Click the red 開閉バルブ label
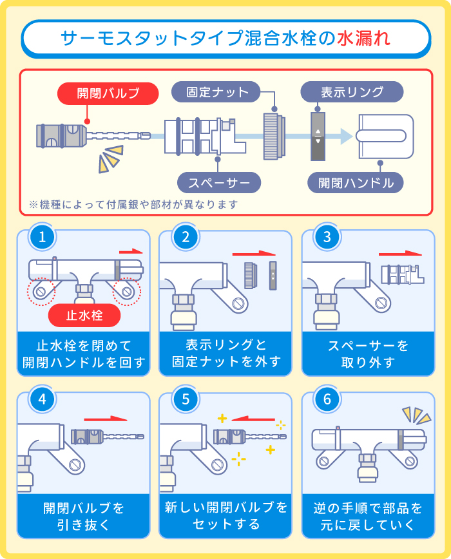click(108, 93)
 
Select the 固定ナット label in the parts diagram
click(216, 92)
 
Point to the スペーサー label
click(219, 183)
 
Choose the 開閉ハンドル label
click(356, 183)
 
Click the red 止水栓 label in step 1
click(85, 316)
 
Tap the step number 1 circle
click(43, 236)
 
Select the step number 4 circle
click(43, 399)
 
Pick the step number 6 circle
click(327, 399)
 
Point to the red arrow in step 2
click(257, 254)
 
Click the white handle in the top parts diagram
click(385, 136)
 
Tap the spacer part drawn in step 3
click(400, 273)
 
